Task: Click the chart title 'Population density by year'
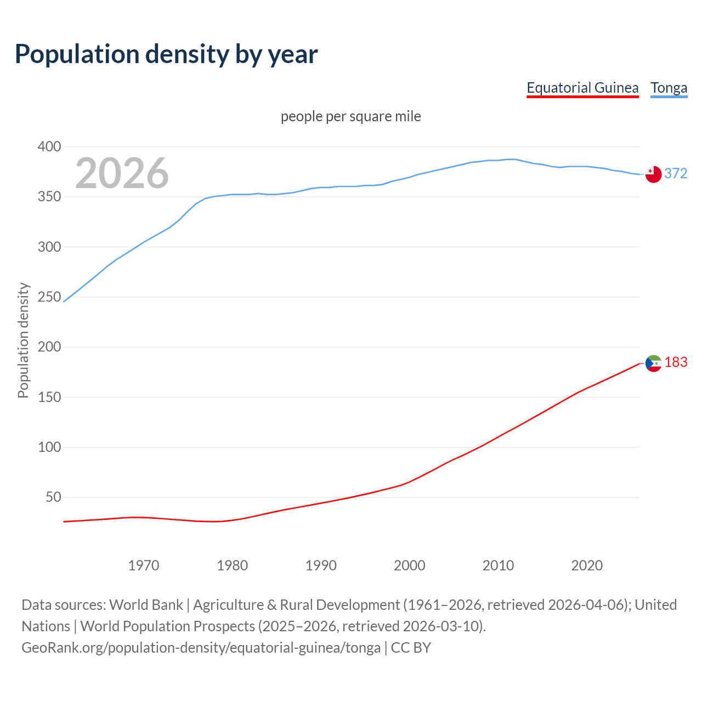pos(166,54)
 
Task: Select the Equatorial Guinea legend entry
pos(582,88)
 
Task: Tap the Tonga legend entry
pos(669,88)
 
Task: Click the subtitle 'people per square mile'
pos(350,116)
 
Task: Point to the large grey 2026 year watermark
pos(122,173)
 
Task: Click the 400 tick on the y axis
pos(49,146)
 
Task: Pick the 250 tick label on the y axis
pos(49,297)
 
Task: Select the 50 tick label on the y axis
pos(53,497)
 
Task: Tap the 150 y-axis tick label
pos(49,397)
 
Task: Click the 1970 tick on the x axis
pos(144,565)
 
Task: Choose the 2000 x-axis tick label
pos(410,565)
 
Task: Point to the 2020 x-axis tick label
pos(587,565)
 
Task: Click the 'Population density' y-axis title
pos(23,340)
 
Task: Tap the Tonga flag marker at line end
pos(653,174)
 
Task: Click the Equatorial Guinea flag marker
pos(653,363)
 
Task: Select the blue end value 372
pos(676,173)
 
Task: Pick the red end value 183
pos(676,362)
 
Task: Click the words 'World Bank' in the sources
pos(146,605)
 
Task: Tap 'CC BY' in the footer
pos(411,648)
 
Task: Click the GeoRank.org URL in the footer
pos(201,648)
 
